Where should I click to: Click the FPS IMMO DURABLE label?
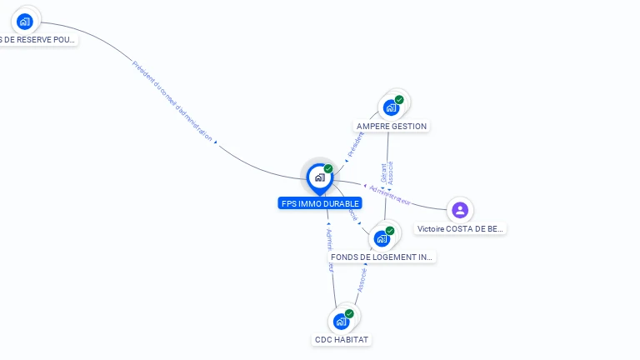320,203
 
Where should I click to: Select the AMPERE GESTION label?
392,127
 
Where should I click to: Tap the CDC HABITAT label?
342,339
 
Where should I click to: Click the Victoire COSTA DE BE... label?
460,229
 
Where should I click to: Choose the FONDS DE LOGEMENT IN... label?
382,257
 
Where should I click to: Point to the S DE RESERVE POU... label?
37,39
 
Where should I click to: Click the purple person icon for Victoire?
460,209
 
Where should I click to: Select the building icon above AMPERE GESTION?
390,107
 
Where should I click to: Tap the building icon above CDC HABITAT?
341,321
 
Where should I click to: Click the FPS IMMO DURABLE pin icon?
319,177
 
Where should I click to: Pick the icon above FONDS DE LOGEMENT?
382,238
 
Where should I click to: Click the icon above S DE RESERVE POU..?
25,21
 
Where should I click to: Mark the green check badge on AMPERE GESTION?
399,100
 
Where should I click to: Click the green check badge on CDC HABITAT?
349,313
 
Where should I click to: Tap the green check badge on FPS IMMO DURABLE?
328,169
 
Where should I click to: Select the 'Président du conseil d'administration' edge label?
172,101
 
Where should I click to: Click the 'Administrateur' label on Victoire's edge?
390,194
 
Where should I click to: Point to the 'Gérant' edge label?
383,172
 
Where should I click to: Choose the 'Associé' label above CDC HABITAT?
362,280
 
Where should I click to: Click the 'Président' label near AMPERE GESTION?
356,143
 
